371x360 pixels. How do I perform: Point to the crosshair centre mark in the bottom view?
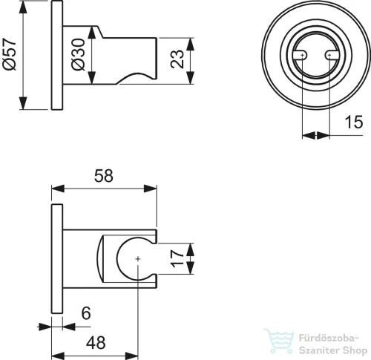tap(138, 259)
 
